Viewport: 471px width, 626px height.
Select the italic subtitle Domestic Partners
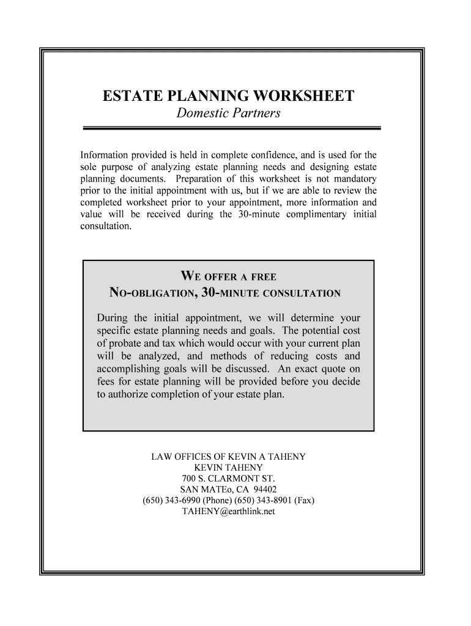pos(229,114)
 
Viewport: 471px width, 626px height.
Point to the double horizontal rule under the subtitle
pos(231,128)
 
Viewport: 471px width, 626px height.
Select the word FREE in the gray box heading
pos(268,277)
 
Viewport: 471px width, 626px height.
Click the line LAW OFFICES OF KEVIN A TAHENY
pos(229,457)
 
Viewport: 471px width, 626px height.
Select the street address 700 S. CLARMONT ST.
pos(229,479)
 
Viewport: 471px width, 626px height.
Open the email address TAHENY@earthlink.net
pos(229,512)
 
